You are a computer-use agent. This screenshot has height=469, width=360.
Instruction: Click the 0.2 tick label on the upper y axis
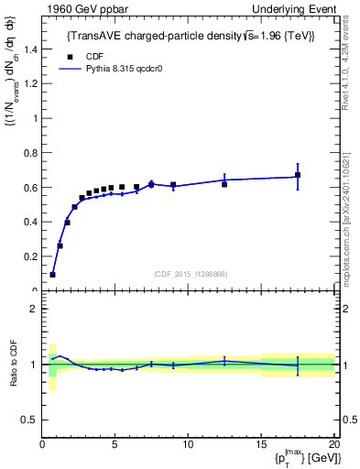pos(32,257)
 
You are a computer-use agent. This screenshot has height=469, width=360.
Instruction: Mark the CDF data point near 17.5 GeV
pos(298,175)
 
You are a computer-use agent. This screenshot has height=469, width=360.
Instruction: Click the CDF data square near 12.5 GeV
pos(224,184)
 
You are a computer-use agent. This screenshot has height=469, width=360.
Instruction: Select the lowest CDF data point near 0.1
pos(53,275)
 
